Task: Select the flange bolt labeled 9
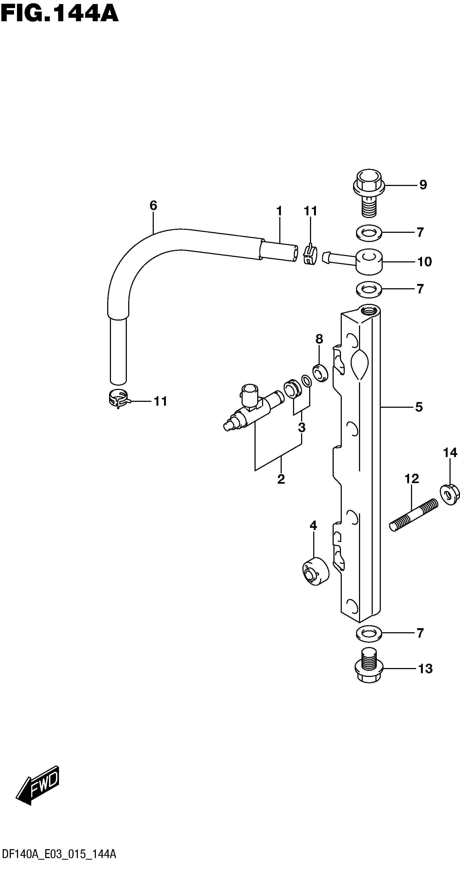click(x=369, y=192)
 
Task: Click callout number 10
click(x=424, y=262)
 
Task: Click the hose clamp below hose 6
click(x=117, y=399)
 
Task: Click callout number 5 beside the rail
click(x=419, y=407)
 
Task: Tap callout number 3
click(x=302, y=427)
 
